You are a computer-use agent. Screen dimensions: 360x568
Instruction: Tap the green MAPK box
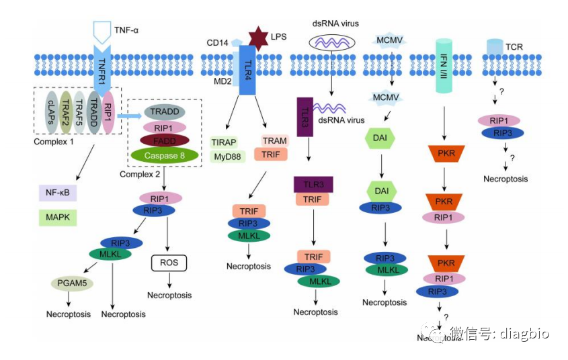[x=58, y=218]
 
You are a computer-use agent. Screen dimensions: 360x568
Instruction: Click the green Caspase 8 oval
[x=164, y=155]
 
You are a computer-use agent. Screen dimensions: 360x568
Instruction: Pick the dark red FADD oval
[x=164, y=140]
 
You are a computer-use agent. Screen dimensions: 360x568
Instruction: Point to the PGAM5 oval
[x=71, y=283]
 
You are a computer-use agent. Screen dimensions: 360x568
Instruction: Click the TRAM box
[x=274, y=141]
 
